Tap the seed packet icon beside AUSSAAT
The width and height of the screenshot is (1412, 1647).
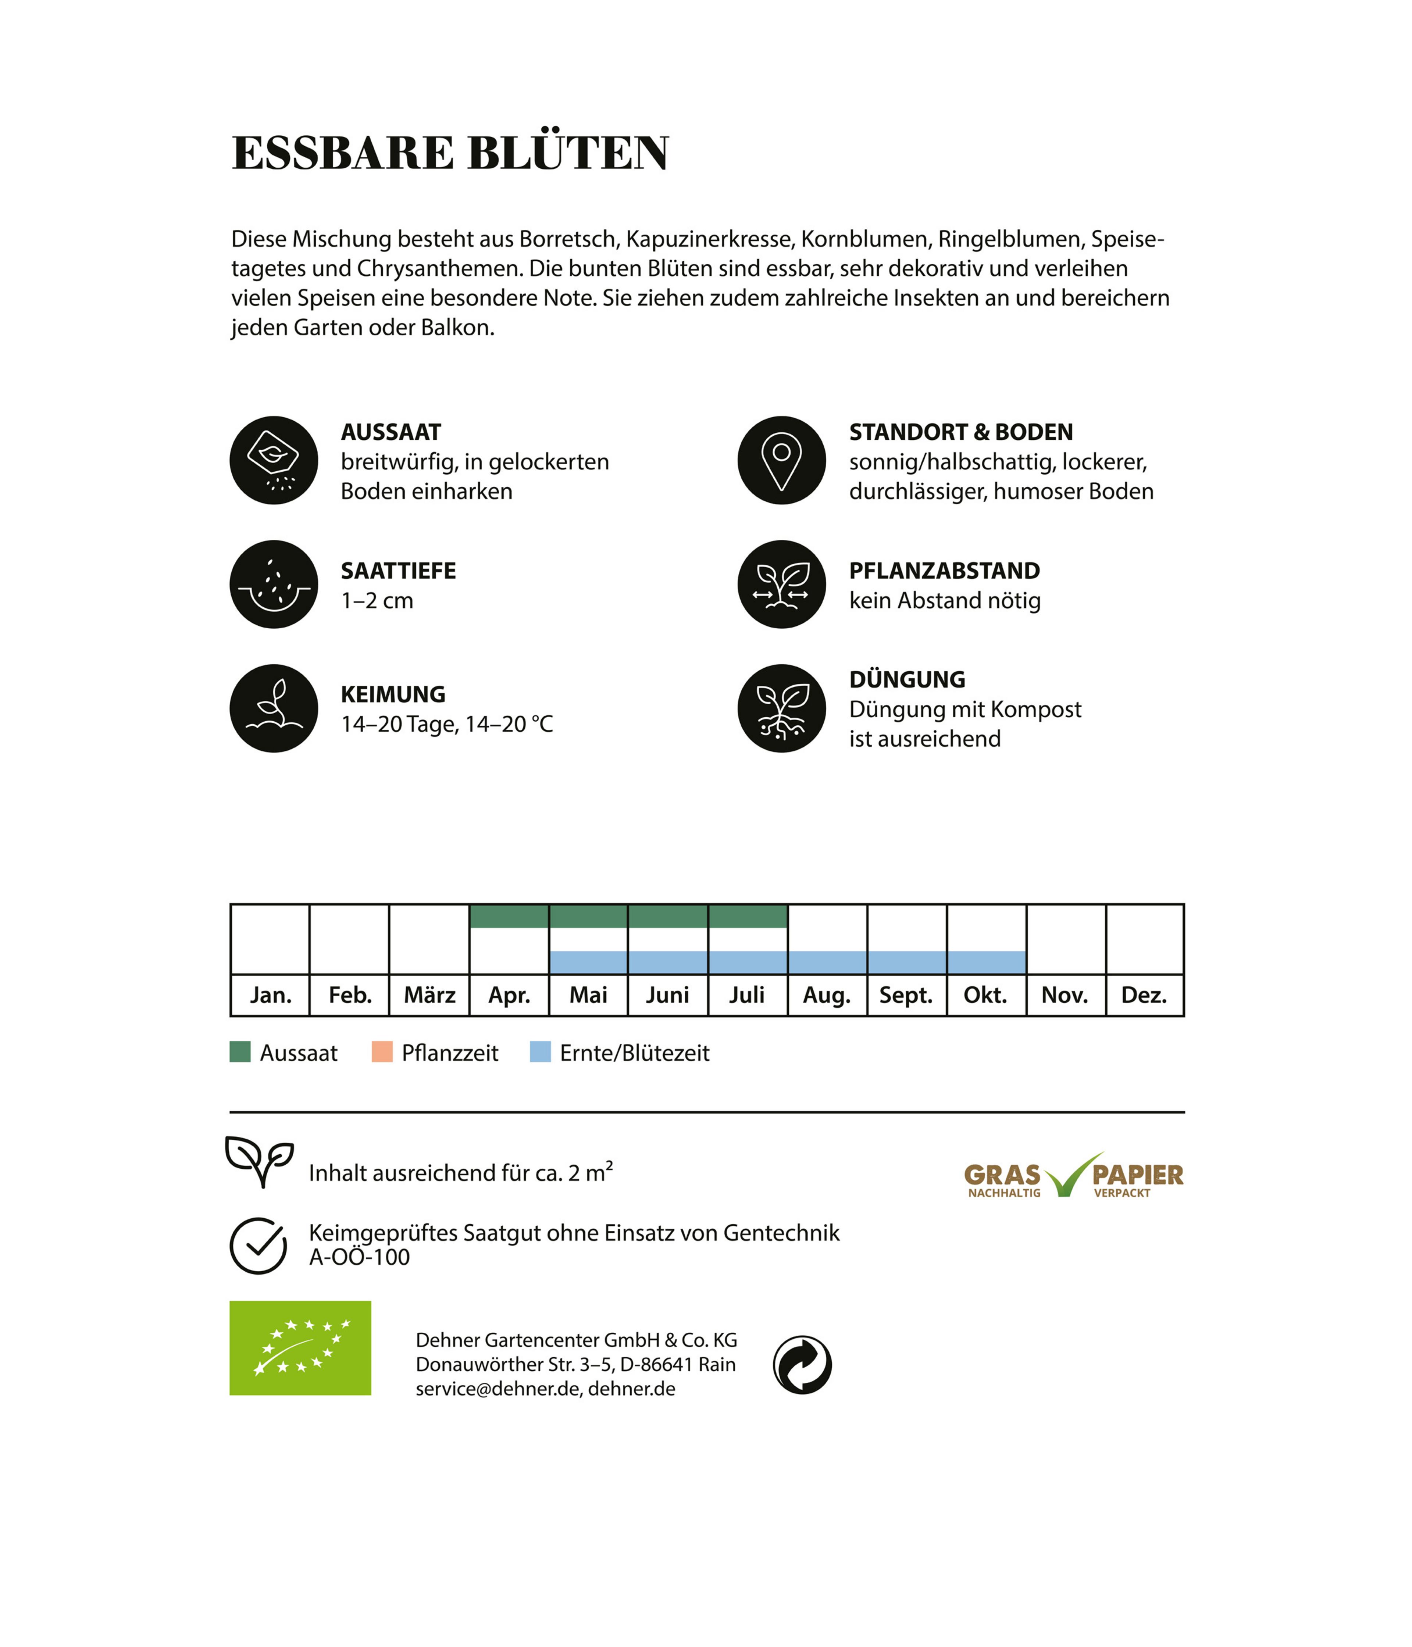(274, 460)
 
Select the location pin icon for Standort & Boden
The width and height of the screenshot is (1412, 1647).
(781, 460)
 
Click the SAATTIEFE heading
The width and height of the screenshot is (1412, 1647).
(398, 571)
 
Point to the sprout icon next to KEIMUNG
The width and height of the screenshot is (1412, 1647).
(274, 708)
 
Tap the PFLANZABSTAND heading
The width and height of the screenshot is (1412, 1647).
(944, 571)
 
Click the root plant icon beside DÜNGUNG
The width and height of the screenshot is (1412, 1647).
(781, 708)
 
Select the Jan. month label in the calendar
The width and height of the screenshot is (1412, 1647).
(270, 995)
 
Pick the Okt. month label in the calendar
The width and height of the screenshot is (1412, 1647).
(985, 995)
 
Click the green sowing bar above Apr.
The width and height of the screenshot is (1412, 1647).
(509, 917)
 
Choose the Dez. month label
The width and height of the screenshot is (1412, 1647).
(1144, 995)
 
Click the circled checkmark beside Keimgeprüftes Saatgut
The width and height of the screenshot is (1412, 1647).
(258, 1246)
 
